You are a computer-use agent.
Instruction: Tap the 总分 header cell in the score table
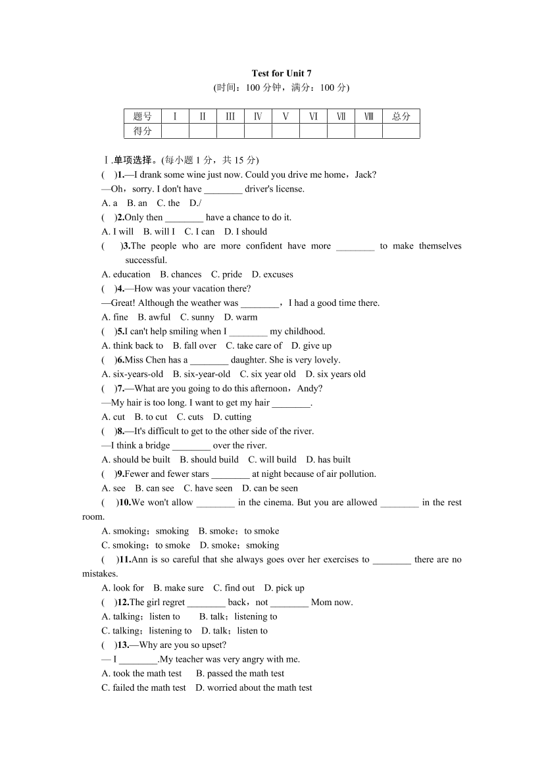point(401,116)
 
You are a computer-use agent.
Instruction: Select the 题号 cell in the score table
point(142,116)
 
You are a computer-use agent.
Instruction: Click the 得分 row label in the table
point(142,131)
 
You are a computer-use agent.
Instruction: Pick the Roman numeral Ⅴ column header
point(285,116)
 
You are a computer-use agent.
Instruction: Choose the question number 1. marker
point(121,174)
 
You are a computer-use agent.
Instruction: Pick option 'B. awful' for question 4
point(154,317)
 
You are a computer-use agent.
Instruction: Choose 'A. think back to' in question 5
point(132,345)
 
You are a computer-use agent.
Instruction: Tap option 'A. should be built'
point(136,460)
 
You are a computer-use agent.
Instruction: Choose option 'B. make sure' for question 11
point(178,588)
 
